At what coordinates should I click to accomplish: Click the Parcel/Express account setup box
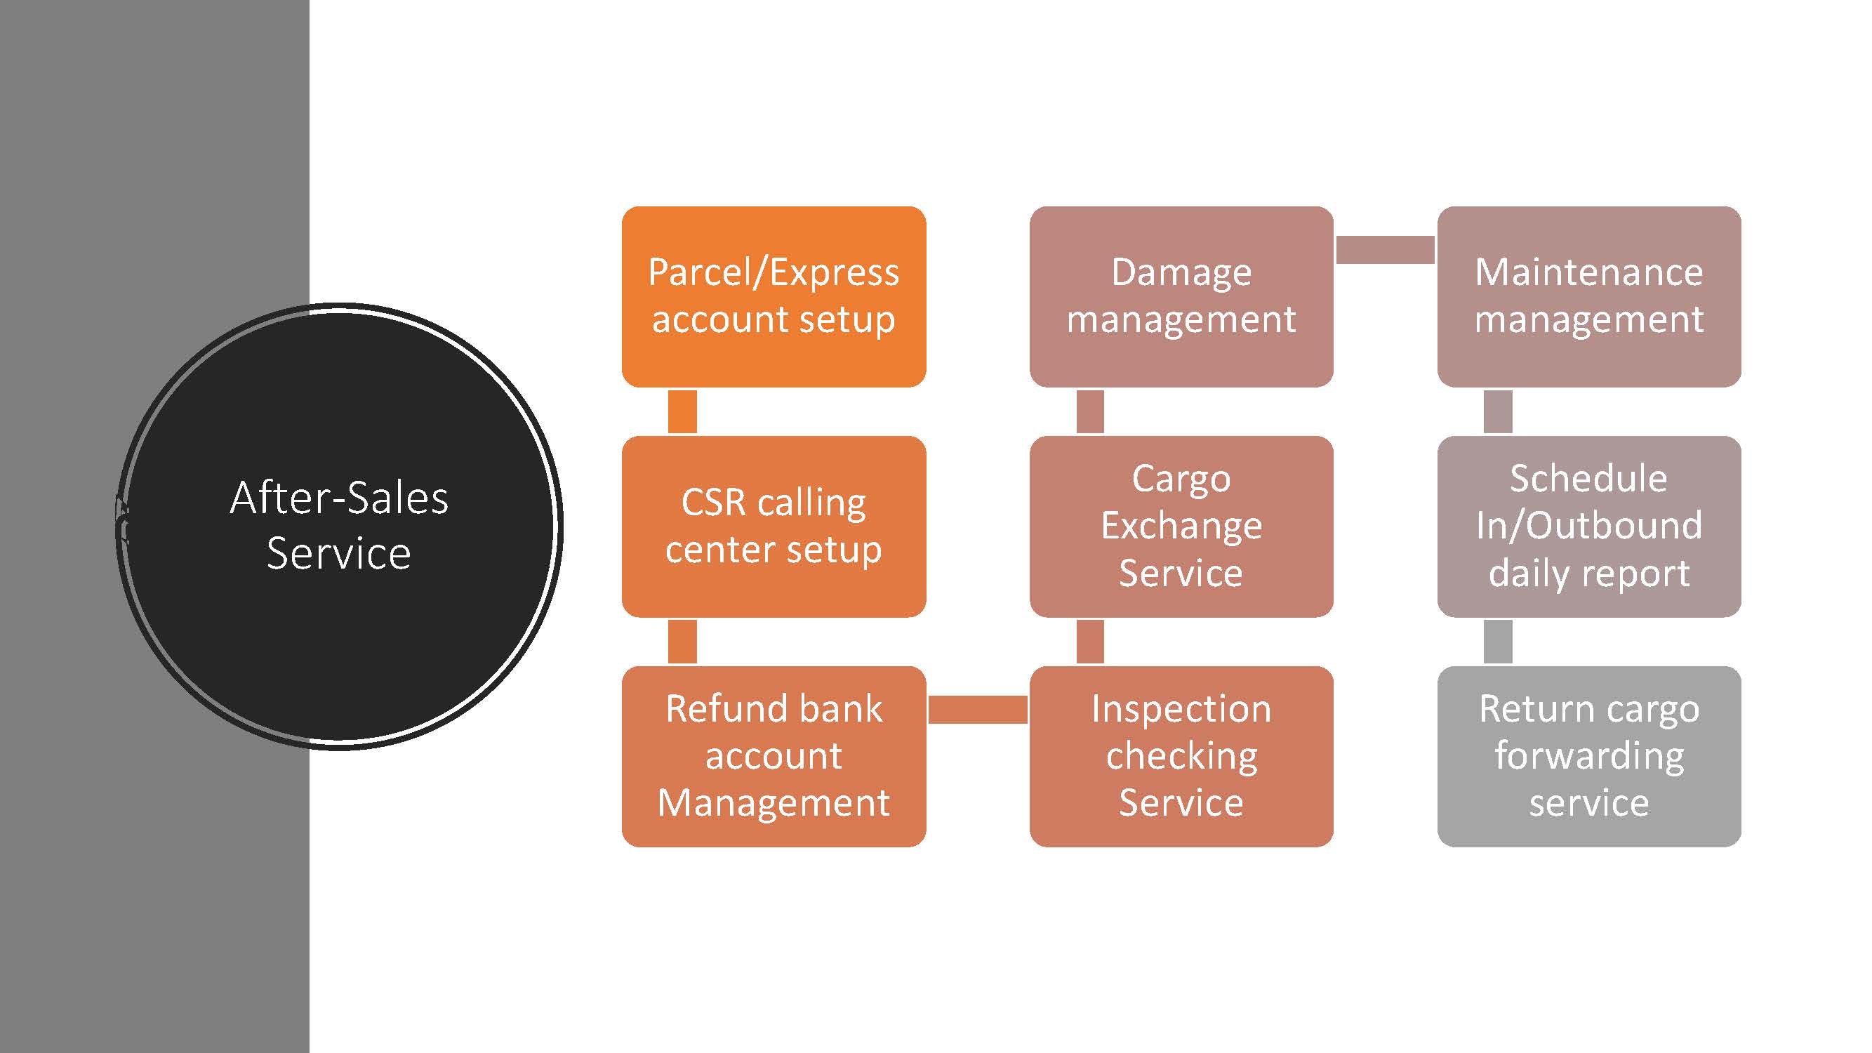(x=774, y=296)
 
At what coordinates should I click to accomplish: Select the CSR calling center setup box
(x=774, y=526)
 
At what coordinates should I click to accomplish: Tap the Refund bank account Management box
(x=774, y=756)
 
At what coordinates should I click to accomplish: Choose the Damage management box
(x=1181, y=296)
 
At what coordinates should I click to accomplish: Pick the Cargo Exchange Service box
(x=1181, y=526)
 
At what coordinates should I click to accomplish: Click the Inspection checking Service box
(x=1181, y=756)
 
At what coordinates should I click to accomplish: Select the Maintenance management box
(x=1588, y=296)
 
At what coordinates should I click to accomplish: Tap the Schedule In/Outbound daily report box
(x=1588, y=526)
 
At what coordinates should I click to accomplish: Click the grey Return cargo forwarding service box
(x=1588, y=756)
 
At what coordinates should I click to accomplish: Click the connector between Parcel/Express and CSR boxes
(x=682, y=411)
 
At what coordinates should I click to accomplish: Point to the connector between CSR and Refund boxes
(x=682, y=641)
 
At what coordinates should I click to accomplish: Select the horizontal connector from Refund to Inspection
(x=978, y=709)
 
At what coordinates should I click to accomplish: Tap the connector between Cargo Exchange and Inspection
(x=1089, y=641)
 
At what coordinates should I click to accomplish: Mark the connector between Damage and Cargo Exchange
(x=1089, y=411)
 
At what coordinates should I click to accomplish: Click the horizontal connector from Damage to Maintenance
(x=1385, y=250)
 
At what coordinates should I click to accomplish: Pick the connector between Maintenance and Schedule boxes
(x=1497, y=411)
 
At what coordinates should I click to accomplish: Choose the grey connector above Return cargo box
(x=1497, y=641)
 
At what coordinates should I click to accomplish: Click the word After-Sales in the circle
(x=338, y=498)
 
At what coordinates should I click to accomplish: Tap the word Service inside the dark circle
(x=338, y=554)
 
